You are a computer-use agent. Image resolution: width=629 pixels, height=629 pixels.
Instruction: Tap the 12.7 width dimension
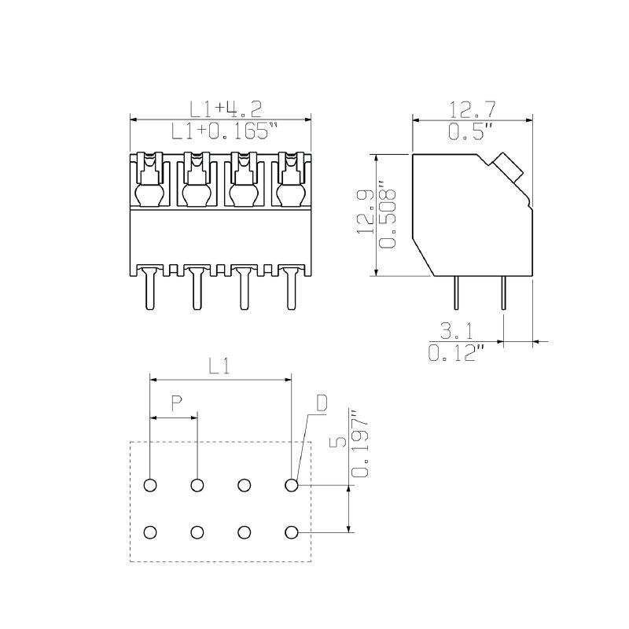pos(472,109)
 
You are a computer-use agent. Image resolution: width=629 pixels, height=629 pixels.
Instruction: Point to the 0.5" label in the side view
pos(471,131)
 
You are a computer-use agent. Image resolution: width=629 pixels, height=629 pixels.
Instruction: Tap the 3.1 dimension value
pos(457,330)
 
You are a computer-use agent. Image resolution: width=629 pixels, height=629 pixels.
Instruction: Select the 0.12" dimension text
pos(455,353)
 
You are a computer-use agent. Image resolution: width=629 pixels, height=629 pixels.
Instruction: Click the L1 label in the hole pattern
pos(220,366)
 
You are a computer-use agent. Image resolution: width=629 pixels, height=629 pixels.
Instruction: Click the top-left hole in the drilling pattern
pos(150,485)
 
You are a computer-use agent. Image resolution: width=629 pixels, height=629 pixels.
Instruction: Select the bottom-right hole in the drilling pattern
pos(292,532)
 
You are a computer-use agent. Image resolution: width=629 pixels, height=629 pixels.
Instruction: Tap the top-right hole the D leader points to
pos(292,485)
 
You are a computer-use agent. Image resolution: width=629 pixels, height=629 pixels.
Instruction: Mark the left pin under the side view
pos(457,296)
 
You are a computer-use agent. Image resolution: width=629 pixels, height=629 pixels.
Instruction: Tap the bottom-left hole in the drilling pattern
pos(150,532)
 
